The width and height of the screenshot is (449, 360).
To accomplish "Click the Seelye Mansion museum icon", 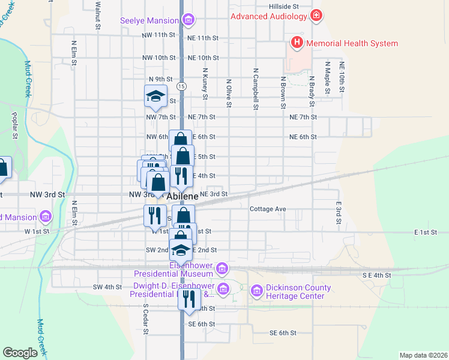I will pyautogui.click(x=188, y=20).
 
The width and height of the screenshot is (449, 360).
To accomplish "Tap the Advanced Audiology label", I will pyautogui.click(x=268, y=16).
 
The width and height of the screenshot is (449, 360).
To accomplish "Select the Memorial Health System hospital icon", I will pyautogui.click(x=297, y=43).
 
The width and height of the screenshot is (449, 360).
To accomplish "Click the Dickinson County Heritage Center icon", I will pyautogui.click(x=256, y=291).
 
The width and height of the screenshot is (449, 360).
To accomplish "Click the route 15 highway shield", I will pyautogui.click(x=181, y=86).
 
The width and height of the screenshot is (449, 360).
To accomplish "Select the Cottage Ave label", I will pyautogui.click(x=268, y=209).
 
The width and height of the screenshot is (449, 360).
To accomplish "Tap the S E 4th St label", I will pyautogui.click(x=376, y=275).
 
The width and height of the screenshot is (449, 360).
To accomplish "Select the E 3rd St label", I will pyautogui.click(x=339, y=213).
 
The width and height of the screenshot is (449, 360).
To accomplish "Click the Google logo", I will pyautogui.click(x=20, y=353).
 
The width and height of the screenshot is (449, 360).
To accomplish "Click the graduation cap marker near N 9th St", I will pyautogui.click(x=155, y=97).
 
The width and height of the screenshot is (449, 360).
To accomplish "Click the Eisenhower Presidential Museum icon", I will pyautogui.click(x=222, y=267).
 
